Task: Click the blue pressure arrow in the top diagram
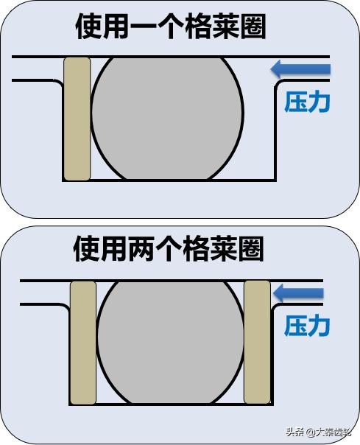pyautogui.click(x=300, y=69)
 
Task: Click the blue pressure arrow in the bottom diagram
pyautogui.click(x=298, y=293)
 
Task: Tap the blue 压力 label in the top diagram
pyautogui.click(x=307, y=102)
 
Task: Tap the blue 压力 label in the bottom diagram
pyautogui.click(x=307, y=326)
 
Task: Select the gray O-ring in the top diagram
pyautogui.click(x=167, y=119)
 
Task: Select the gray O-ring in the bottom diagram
pyautogui.click(x=171, y=343)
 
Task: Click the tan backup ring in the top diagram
pyautogui.click(x=77, y=119)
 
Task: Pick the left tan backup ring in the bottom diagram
pyautogui.click(x=83, y=343)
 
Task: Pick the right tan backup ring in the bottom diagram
pyautogui.click(x=257, y=343)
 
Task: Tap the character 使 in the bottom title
pyautogui.click(x=86, y=250)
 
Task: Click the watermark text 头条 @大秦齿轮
pyautogui.click(x=319, y=432)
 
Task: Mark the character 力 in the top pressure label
pyautogui.click(x=320, y=102)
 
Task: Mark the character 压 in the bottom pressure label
pyautogui.click(x=296, y=326)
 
